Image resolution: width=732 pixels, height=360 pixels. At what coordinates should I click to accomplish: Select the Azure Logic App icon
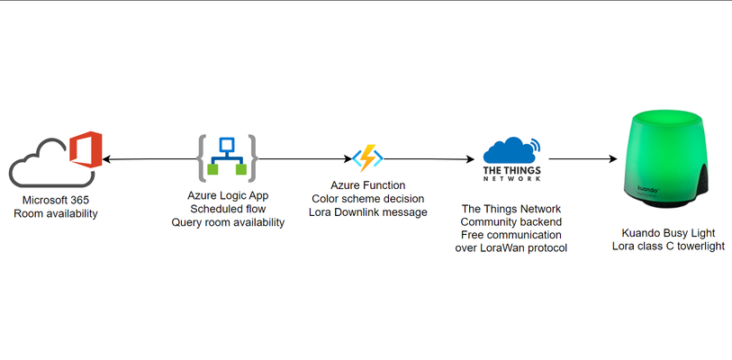[x=228, y=158]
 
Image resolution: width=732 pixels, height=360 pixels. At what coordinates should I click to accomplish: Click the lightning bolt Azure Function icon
[x=367, y=157]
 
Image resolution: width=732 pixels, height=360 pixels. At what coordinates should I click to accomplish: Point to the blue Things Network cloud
[x=510, y=150]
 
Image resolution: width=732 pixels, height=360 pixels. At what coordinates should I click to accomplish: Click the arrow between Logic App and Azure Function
[x=305, y=158]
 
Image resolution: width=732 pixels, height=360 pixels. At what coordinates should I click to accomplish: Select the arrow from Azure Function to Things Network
[x=429, y=159]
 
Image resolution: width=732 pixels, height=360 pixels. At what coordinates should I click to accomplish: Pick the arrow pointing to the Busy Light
[x=583, y=159]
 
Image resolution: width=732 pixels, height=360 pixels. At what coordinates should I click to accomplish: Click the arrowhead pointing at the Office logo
[x=106, y=159]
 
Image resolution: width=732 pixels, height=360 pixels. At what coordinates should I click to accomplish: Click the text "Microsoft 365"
[x=56, y=201]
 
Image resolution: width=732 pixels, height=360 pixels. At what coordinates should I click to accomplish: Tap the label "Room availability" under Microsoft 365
[x=56, y=214]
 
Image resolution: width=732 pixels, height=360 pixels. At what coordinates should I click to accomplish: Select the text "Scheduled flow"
[x=228, y=209]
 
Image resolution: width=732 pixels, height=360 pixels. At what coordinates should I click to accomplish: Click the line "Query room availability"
[x=228, y=222]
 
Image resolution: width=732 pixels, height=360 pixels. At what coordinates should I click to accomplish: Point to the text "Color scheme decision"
[x=368, y=198]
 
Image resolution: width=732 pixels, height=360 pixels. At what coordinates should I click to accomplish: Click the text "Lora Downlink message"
[x=368, y=212]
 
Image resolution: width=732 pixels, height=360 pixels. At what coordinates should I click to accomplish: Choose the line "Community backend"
[x=511, y=221]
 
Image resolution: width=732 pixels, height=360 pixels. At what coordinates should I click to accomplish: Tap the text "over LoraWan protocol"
[x=511, y=247]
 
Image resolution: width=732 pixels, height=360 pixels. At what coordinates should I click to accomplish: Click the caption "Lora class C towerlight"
[x=668, y=246]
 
